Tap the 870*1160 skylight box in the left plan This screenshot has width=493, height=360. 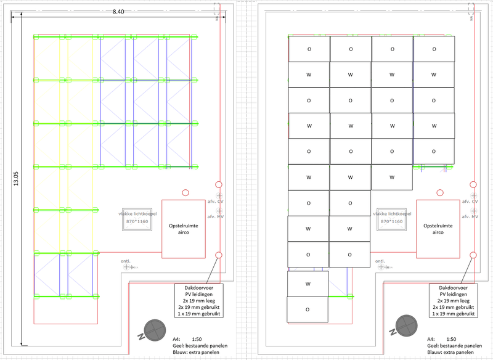(136, 221)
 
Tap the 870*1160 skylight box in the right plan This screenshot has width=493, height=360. (390, 221)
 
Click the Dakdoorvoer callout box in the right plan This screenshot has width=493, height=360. (453, 300)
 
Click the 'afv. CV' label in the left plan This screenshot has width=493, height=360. (215, 201)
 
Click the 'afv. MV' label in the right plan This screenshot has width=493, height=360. (470, 216)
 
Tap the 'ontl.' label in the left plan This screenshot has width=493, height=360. (126, 260)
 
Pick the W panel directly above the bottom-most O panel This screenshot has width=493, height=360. (308, 284)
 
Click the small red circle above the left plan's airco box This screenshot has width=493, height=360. (186, 193)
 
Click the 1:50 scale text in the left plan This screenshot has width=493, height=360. (197, 339)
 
